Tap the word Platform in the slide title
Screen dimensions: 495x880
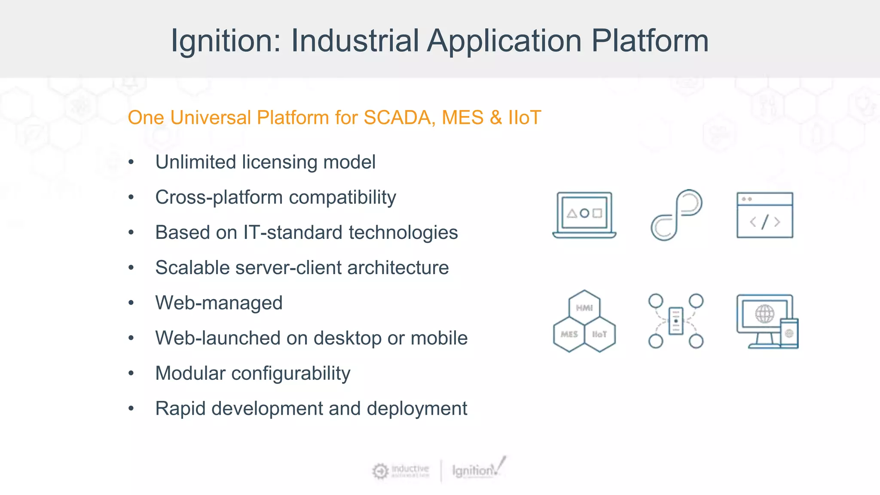[650, 41]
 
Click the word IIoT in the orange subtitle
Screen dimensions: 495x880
[524, 118]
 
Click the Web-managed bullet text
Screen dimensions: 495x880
[219, 303]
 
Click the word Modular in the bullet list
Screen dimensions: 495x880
[190, 373]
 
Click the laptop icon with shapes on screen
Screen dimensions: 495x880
[584, 215]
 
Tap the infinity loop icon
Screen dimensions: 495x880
[676, 215]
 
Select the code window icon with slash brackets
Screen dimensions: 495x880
[765, 215]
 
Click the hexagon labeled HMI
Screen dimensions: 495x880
[584, 307]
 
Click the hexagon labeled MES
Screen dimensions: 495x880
[569, 334]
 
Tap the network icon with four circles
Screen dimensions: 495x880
[675, 321]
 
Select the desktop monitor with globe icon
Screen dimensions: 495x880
[765, 320]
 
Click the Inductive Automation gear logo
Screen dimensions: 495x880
[380, 471]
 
